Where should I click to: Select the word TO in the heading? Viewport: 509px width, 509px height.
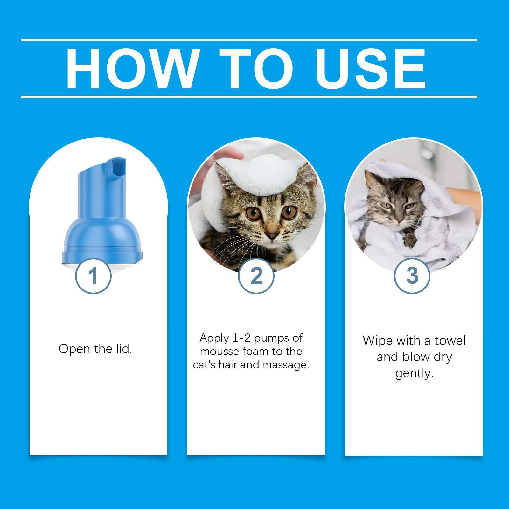point(256,68)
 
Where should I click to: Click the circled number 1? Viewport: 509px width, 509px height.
point(93,276)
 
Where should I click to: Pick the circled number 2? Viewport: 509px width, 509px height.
point(256,276)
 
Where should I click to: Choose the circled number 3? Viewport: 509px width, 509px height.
point(412,276)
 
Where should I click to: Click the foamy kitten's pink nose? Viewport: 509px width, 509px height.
point(271,236)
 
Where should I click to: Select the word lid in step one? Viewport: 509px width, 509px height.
point(123,349)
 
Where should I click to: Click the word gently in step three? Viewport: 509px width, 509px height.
point(414,373)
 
